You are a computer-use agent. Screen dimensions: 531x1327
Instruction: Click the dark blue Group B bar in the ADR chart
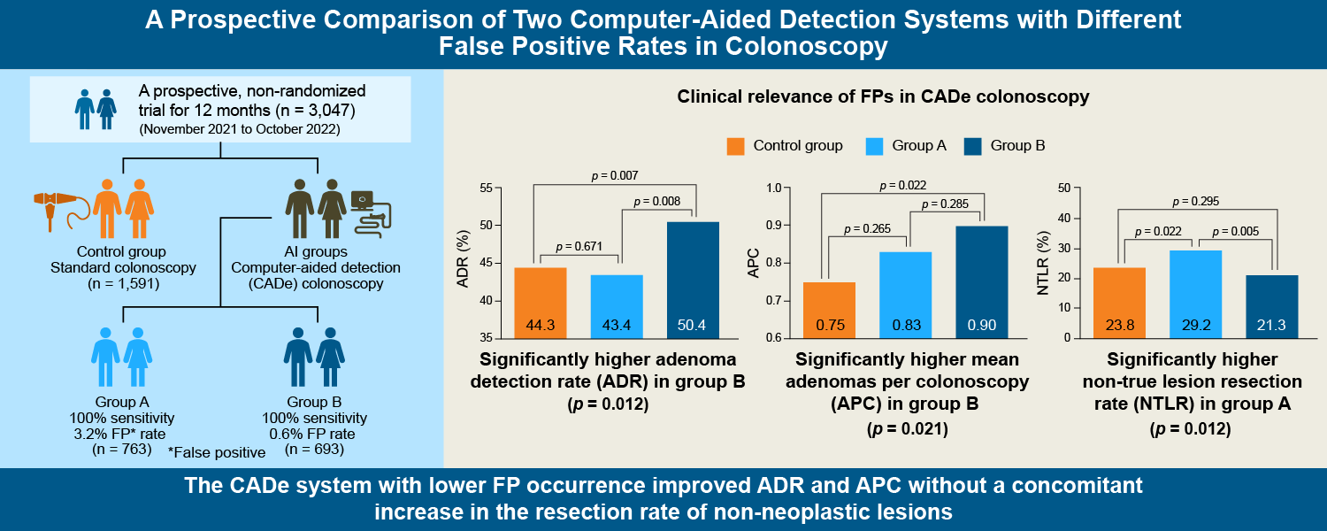click(693, 279)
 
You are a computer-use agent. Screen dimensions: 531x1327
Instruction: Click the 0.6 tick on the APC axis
click(777, 338)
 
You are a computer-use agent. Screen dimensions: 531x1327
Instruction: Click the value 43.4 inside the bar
click(617, 325)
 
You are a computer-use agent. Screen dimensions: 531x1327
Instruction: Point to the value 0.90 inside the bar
click(982, 325)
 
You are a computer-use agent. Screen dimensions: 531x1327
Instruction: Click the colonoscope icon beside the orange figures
click(60, 203)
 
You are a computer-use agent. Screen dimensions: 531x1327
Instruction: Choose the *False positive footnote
click(217, 452)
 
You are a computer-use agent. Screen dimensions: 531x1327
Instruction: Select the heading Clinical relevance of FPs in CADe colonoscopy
click(883, 97)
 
